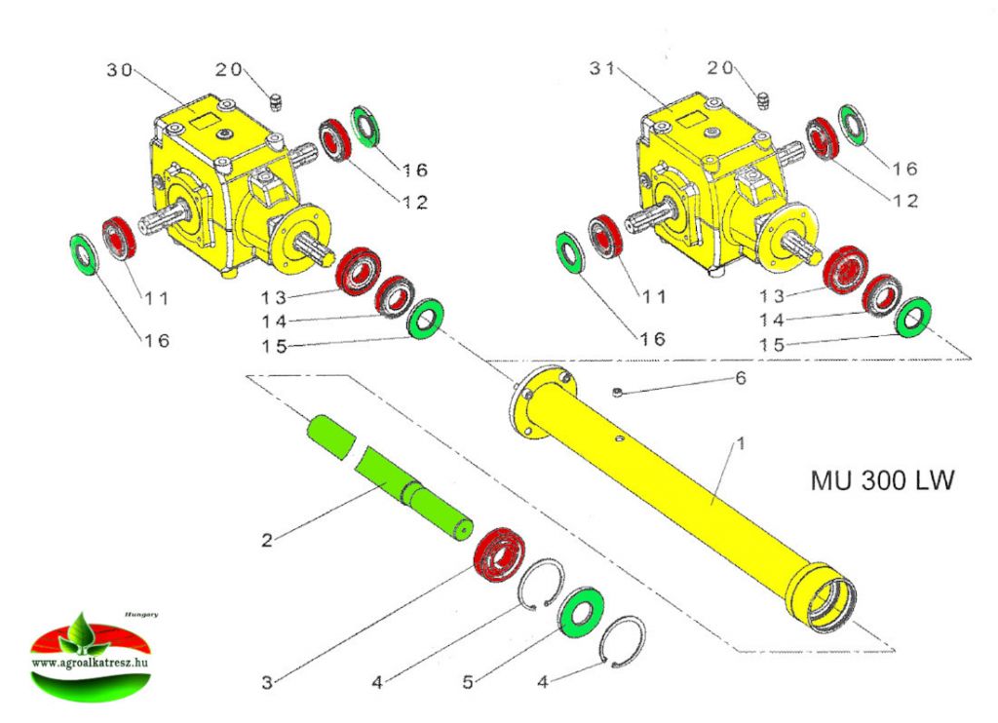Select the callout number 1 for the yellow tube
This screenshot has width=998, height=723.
[x=740, y=443]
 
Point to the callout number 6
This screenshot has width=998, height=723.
[x=740, y=378]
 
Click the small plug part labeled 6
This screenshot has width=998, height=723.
[x=619, y=392]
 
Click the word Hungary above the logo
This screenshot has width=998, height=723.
[x=141, y=615]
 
